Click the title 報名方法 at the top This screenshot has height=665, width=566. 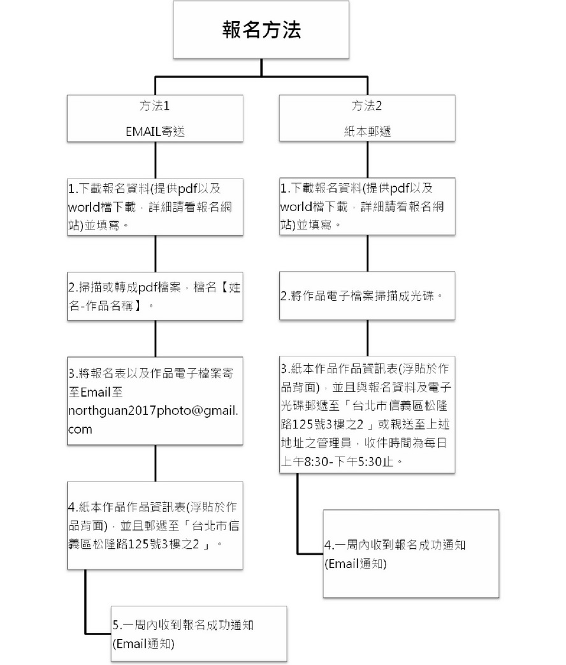pyautogui.click(x=261, y=30)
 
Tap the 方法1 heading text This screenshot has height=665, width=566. pyautogui.click(x=155, y=106)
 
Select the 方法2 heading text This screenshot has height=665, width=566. pyautogui.click(x=366, y=106)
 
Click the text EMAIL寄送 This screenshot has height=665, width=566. pyautogui.click(x=155, y=131)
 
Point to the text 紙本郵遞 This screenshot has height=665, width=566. pyautogui.click(x=367, y=131)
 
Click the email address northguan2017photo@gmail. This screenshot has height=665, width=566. pyautogui.click(x=152, y=411)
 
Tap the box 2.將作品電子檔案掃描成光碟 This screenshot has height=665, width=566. pyautogui.click(x=367, y=296)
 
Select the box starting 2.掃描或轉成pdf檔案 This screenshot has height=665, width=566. pyautogui.click(x=155, y=296)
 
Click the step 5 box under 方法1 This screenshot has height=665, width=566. pyautogui.click(x=199, y=634)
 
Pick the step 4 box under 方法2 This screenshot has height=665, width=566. pyautogui.click(x=411, y=554)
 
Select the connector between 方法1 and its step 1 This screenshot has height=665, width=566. pyautogui.click(x=155, y=160)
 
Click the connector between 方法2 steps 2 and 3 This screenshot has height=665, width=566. pyautogui.click(x=367, y=338)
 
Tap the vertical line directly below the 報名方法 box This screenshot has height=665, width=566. pyautogui.click(x=261, y=68)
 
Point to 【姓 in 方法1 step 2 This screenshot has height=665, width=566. pyautogui.click(x=229, y=288)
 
